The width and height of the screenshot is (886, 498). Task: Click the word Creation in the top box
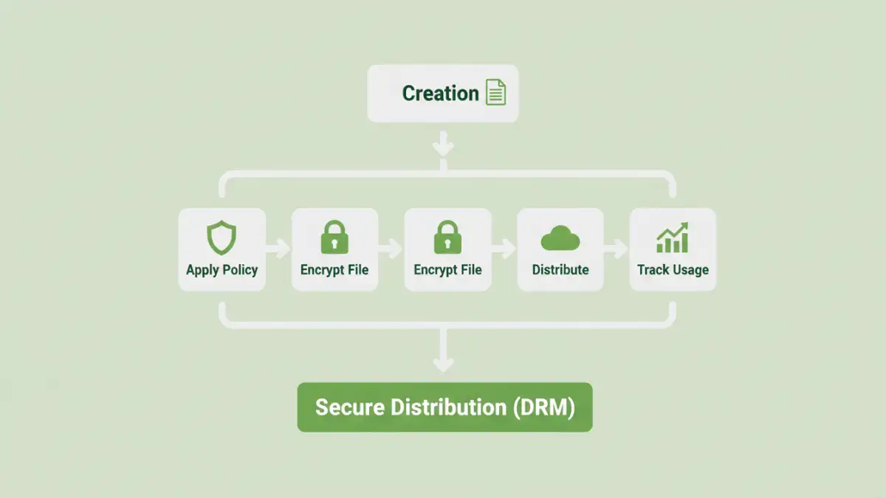coord(440,94)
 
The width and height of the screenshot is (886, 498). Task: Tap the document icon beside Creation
coord(496,93)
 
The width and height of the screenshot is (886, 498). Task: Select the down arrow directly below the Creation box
coord(443,145)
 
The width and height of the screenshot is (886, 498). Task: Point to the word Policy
coord(240,270)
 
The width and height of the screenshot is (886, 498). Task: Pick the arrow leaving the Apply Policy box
coord(278,249)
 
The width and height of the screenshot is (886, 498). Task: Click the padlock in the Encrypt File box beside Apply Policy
coord(334,238)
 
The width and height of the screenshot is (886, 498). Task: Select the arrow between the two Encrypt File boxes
coord(391,249)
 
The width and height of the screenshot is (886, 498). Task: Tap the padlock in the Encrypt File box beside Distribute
coord(447,238)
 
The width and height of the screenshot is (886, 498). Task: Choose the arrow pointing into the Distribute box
coord(504,249)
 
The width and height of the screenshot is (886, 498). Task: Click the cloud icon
coord(560,239)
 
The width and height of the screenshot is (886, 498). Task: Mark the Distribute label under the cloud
coord(560,270)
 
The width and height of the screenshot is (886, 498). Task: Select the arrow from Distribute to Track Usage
coord(617,249)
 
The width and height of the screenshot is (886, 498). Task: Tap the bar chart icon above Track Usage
coord(673,238)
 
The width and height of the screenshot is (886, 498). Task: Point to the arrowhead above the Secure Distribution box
coord(443,363)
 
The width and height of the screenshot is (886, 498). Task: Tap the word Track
coord(653,270)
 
